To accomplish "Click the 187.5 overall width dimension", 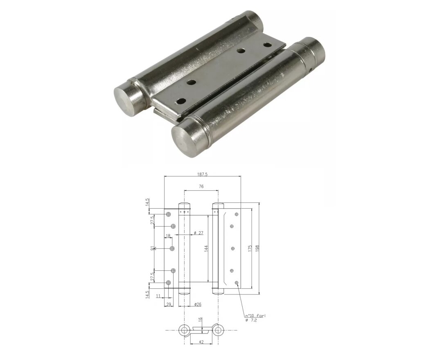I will [x=202, y=174].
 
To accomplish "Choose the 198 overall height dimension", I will [x=257, y=248].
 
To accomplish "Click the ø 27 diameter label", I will [x=198, y=233].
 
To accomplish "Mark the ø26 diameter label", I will [x=197, y=304].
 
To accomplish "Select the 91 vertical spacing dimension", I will [x=152, y=248].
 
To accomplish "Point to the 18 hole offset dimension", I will [x=168, y=236].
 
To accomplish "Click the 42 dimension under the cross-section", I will [x=201, y=342].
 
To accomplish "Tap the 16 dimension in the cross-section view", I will [x=201, y=320].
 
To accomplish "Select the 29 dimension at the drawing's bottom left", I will [x=168, y=304].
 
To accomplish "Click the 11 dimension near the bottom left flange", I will [x=158, y=295].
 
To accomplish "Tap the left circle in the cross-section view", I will [x=185, y=330].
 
